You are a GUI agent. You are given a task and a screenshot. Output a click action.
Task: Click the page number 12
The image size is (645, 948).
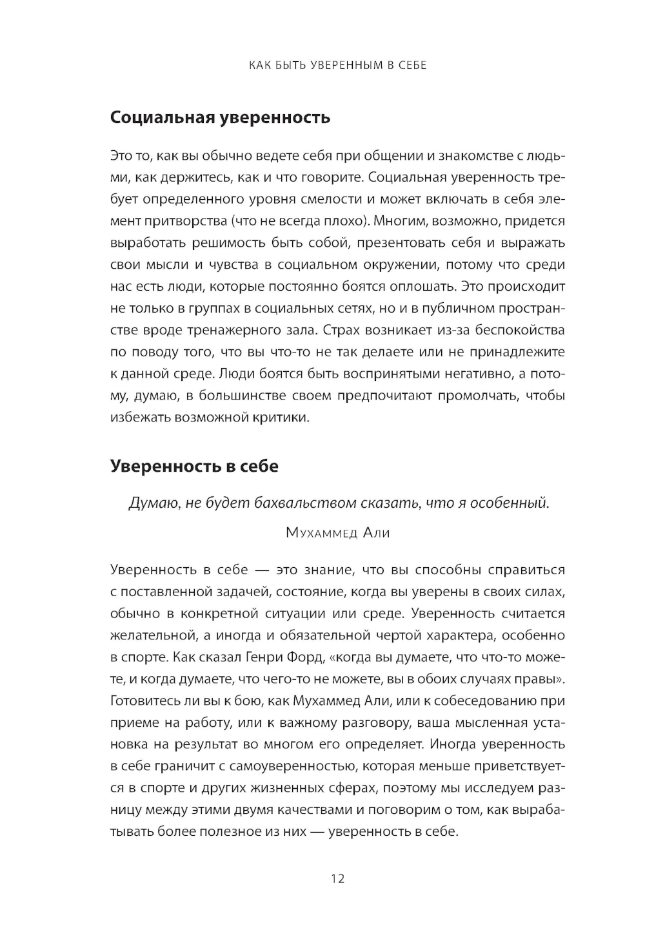[337, 878]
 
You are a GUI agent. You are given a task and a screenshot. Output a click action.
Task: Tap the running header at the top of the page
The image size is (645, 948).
[337, 65]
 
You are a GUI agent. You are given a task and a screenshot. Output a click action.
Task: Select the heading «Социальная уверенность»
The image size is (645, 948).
[220, 117]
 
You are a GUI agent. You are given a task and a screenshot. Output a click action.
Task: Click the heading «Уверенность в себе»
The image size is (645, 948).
[194, 465]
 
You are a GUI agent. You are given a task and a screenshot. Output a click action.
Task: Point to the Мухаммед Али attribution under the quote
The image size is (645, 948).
[337, 533]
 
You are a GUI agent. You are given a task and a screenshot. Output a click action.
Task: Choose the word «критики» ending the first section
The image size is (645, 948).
[283, 418]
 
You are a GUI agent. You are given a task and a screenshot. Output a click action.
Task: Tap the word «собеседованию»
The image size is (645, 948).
[488, 701]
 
